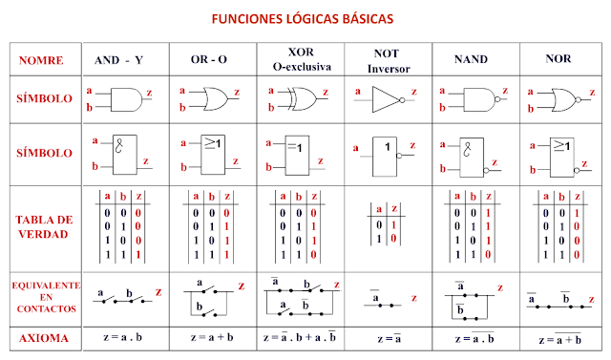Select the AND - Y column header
tap(119, 60)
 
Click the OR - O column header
tap(208, 60)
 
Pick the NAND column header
tap(470, 60)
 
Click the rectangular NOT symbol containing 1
tap(387, 152)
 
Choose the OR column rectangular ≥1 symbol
tap(212, 152)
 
